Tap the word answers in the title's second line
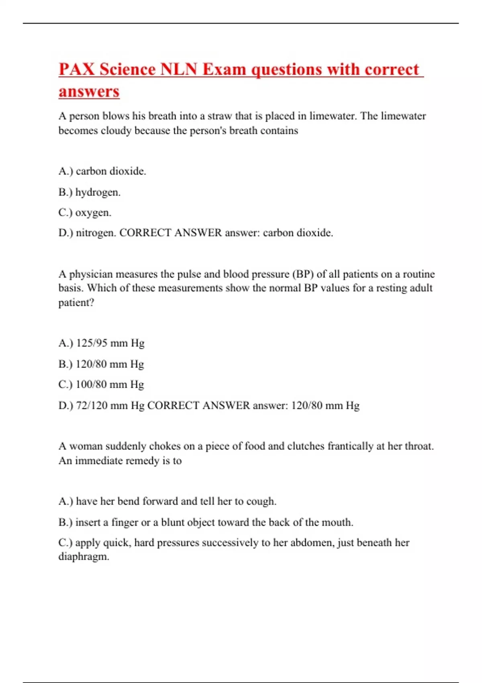(x=89, y=91)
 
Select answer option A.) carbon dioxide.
(x=102, y=171)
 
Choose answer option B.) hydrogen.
(x=89, y=192)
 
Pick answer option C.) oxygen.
(x=85, y=213)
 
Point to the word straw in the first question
(x=219, y=116)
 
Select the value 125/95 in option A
(x=92, y=343)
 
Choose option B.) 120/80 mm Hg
(x=101, y=364)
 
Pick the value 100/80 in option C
(x=91, y=384)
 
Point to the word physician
(x=91, y=274)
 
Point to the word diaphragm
(x=83, y=557)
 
